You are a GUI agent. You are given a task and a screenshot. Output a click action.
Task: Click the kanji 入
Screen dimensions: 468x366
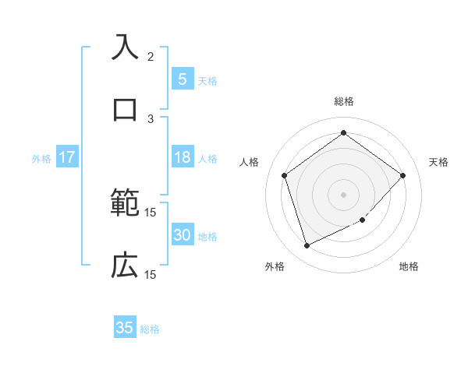(x=125, y=47)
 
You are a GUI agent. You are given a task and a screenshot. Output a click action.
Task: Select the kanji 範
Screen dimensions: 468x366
(x=125, y=204)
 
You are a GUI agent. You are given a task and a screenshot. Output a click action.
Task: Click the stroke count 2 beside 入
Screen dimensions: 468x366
(x=151, y=56)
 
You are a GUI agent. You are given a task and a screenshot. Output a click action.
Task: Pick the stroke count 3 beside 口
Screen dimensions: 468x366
(x=151, y=118)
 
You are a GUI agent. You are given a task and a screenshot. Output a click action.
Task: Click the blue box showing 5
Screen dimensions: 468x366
(x=182, y=79)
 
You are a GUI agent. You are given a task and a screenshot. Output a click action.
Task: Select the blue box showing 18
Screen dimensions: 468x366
(x=182, y=157)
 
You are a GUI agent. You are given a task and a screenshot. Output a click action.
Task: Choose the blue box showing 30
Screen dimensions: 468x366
(x=182, y=235)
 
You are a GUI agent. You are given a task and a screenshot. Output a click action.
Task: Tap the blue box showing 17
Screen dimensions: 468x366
(x=66, y=157)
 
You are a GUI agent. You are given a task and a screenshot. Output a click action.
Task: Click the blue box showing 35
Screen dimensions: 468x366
(x=125, y=328)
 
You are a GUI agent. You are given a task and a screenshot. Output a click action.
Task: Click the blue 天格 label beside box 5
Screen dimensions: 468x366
(x=207, y=80)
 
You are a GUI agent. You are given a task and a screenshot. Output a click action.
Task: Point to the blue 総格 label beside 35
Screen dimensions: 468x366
(x=150, y=329)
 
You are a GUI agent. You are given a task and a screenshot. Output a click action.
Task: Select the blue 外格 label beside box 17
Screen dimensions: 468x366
(x=41, y=159)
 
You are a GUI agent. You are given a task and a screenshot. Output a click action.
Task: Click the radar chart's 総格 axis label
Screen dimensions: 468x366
(x=343, y=101)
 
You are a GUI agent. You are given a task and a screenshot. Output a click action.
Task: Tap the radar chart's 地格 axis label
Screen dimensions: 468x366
(x=409, y=266)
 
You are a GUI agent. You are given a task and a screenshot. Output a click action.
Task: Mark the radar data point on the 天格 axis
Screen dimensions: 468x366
(x=402, y=175)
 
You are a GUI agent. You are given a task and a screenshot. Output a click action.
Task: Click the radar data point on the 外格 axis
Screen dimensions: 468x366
(x=307, y=246)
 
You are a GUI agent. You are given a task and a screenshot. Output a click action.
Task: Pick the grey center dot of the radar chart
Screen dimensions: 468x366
(x=343, y=194)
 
